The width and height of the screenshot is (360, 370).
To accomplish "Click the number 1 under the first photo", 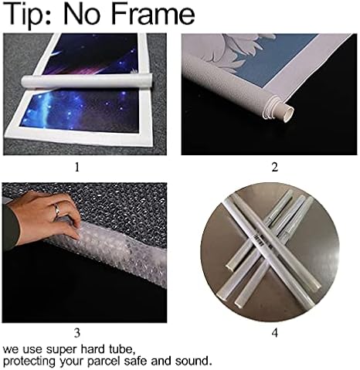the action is [77, 168].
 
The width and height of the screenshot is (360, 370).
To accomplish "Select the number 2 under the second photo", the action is [275, 168].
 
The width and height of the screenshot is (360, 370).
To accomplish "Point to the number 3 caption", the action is [77, 333].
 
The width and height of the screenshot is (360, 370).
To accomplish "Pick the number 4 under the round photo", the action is [275, 333].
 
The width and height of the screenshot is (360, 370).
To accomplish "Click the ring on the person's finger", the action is [57, 209].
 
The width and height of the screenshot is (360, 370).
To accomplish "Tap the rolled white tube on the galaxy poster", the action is [87, 81].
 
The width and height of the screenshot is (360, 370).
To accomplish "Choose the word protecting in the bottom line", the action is [29, 362].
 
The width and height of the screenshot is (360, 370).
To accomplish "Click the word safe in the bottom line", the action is [136, 361].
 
